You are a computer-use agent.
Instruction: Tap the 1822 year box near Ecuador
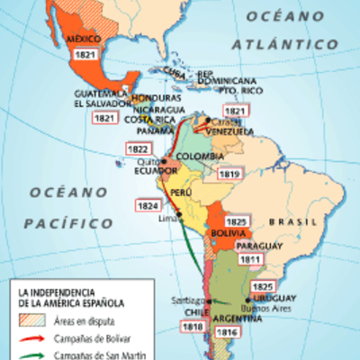139,149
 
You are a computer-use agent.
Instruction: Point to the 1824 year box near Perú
148,205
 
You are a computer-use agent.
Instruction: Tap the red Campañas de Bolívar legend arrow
31,339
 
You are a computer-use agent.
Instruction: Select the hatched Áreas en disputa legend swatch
31,319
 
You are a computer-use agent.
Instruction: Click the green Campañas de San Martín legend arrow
31,356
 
